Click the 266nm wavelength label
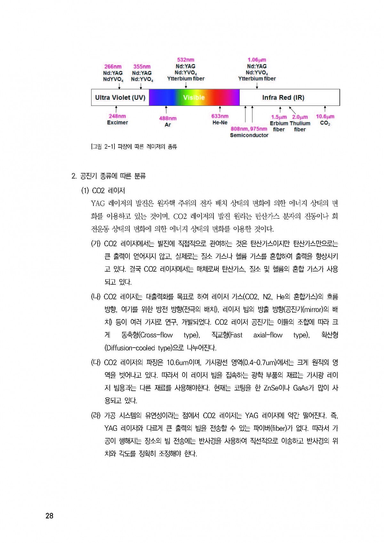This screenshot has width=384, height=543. pyautogui.click(x=113, y=67)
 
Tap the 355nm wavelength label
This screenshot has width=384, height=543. pyautogui.click(x=142, y=67)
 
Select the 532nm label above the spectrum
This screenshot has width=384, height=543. pyautogui.click(x=186, y=60)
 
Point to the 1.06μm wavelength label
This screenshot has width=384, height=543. pyautogui.click(x=257, y=60)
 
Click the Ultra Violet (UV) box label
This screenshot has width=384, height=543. pyautogui.click(x=120, y=98)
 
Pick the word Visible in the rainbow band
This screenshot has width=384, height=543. pyautogui.click(x=194, y=98)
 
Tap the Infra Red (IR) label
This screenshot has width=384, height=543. pyautogui.click(x=283, y=98)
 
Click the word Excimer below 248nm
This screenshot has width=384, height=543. pyautogui.click(x=117, y=122)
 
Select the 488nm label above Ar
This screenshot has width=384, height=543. pyautogui.click(x=168, y=118)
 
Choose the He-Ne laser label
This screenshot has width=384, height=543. pyautogui.click(x=220, y=122)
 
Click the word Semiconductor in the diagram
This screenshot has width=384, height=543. pyautogui.click(x=249, y=135)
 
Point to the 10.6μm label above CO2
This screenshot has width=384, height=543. pyautogui.click(x=325, y=116)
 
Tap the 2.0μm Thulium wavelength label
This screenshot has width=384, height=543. pyautogui.click(x=300, y=117)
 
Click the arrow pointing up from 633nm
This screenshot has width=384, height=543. pyautogui.click(x=220, y=109)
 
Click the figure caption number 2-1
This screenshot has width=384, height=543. pyautogui.click(x=109, y=147)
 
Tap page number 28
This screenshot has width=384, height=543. pyautogui.click(x=50, y=515)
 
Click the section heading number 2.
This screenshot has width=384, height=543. pyautogui.click(x=74, y=176)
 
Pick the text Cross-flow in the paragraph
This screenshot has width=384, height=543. pyautogui.click(x=156, y=335)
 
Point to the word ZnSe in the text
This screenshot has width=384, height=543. pyautogui.click(x=270, y=388)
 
